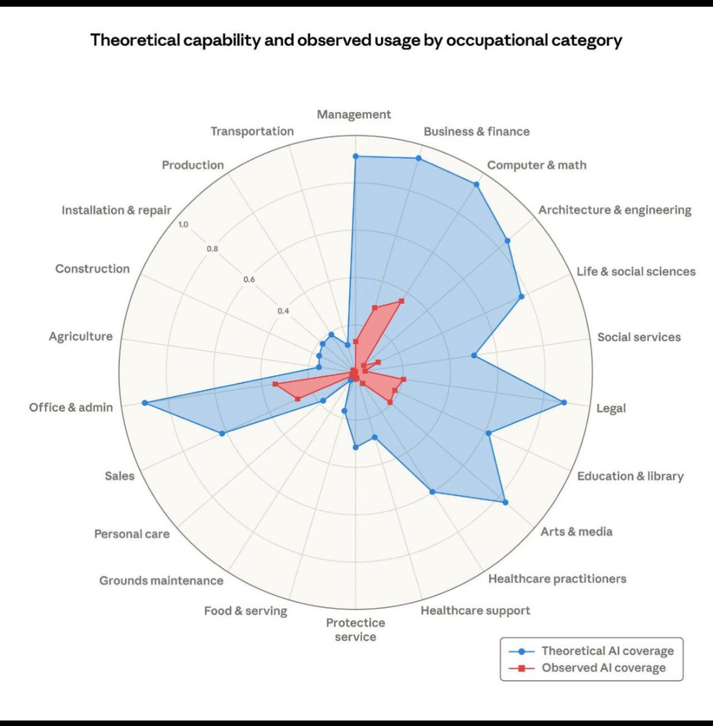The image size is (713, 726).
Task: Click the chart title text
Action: click(x=356, y=40)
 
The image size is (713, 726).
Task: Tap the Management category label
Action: click(x=353, y=115)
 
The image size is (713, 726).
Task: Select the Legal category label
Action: click(x=611, y=408)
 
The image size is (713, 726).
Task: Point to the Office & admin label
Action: click(x=71, y=408)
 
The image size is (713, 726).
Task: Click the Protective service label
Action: click(x=355, y=630)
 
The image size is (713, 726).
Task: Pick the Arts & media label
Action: click(x=576, y=531)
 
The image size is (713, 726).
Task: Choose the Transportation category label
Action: click(x=252, y=131)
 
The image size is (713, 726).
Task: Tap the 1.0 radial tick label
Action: click(x=183, y=225)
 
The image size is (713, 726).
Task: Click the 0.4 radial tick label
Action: click(x=283, y=311)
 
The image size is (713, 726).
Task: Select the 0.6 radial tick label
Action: click(x=249, y=279)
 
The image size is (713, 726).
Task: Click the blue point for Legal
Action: click(x=564, y=403)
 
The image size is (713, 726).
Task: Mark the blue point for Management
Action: click(x=356, y=157)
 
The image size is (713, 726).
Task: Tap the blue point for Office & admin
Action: click(x=144, y=403)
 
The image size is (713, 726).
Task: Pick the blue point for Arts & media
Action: click(x=505, y=503)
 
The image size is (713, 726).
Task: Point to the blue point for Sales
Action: click(x=222, y=433)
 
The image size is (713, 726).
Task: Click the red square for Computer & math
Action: click(x=402, y=301)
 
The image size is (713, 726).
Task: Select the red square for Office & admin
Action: click(x=275, y=384)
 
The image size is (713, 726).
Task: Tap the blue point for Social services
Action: click(x=474, y=355)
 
